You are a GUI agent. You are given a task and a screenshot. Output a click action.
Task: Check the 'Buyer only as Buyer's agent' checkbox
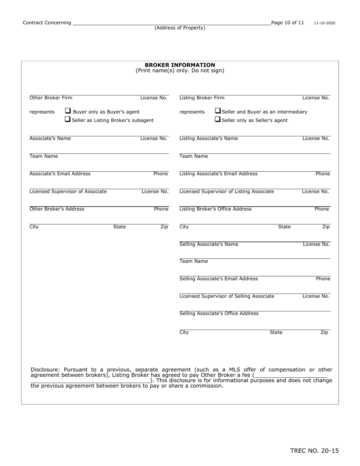coord(68,111)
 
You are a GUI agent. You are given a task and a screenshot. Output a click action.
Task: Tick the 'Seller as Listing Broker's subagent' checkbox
coord(67,119)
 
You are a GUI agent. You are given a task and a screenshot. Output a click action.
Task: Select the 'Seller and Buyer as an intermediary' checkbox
coord(218,111)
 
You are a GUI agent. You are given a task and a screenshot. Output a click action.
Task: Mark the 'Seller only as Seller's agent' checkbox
coord(218,119)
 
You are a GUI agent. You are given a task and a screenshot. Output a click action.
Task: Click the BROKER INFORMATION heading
coord(180,65)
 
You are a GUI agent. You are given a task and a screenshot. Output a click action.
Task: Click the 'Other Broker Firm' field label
coord(51,98)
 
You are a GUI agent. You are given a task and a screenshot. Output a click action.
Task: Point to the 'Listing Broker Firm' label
coord(202,98)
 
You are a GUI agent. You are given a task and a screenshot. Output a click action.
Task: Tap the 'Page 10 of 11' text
coord(288,23)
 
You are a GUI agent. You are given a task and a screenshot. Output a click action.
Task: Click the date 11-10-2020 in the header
coord(324,23)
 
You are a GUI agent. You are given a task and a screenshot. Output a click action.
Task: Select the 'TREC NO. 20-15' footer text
coord(314,450)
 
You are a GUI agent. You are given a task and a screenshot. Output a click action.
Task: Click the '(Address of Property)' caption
coord(180,28)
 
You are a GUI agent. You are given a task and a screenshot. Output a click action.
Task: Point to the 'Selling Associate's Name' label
coord(209,244)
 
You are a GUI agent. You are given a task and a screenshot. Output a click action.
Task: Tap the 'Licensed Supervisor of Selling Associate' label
coord(227,296)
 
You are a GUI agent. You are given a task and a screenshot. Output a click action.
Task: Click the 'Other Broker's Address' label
coord(57,209)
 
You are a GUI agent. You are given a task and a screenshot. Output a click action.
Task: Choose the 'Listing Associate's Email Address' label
coord(218,174)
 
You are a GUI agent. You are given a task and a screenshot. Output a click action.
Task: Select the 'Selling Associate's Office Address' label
coord(219,314)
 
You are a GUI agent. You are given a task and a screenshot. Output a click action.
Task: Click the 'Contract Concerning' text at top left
coord(47,23)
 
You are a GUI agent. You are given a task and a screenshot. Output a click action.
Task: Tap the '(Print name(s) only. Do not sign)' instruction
coord(180,71)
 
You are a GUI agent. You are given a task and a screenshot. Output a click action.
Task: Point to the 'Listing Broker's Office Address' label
coord(215,209)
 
